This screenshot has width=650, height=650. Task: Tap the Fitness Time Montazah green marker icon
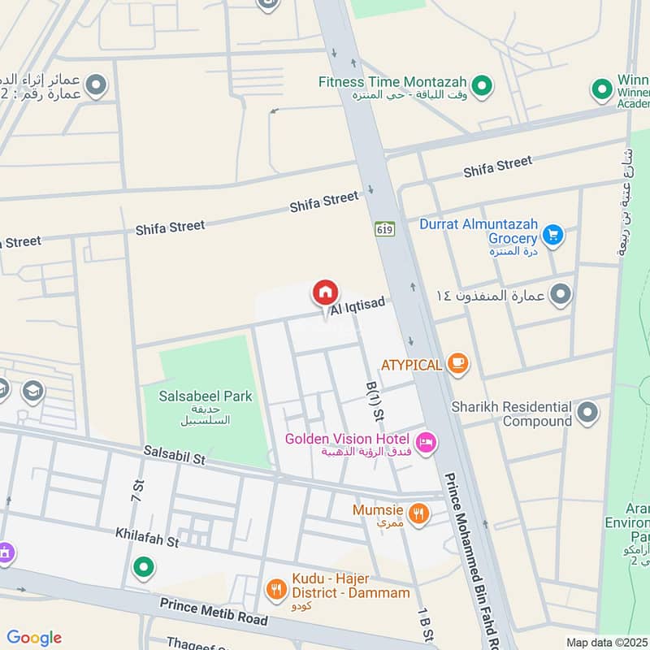tap(482, 84)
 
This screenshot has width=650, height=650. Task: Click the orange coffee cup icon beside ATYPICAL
tap(458, 365)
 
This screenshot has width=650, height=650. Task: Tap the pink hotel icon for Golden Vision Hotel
tap(426, 443)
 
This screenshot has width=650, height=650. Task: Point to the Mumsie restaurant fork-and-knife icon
tap(418, 513)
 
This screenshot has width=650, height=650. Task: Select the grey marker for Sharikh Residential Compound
tap(587, 413)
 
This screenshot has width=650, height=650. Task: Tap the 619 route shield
tap(384, 229)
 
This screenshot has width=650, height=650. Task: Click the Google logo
tap(34, 638)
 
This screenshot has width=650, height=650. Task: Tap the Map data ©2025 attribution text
tap(606, 642)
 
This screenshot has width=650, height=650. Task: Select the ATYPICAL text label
tap(412, 366)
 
